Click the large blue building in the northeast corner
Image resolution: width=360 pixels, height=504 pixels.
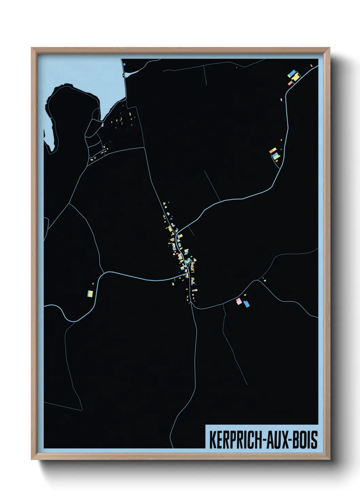[x=292, y=73]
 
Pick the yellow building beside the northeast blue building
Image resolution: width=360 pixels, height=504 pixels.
[x=296, y=77]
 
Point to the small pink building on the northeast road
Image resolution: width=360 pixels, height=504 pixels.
[x=281, y=99]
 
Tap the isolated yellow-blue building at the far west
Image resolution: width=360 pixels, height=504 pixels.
[x=90, y=293]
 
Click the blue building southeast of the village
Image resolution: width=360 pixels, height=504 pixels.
[x=246, y=304]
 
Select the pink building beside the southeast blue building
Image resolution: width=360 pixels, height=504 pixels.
[x=239, y=301]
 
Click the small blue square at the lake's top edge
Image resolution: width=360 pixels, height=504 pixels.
[x=125, y=64]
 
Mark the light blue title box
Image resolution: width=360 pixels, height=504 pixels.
[x=262, y=439]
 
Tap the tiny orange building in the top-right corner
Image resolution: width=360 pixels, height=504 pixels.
[x=311, y=66]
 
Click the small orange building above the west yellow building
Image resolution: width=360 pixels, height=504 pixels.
[x=93, y=283]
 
